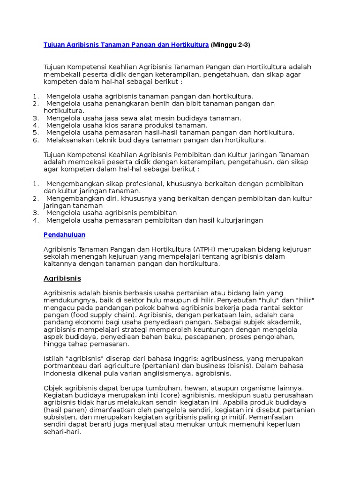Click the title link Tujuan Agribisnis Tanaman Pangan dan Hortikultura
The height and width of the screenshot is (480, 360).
[x=126, y=45]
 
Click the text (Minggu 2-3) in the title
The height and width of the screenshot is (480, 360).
[x=231, y=45]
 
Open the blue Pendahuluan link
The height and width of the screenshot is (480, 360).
[x=64, y=234]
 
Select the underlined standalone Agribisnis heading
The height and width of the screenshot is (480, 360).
[x=62, y=278]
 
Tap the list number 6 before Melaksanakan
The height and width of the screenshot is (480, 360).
[x=35, y=140]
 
